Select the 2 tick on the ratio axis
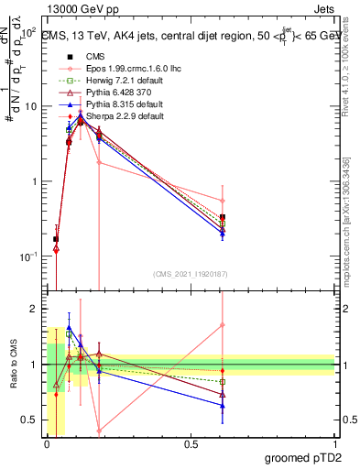point(34,310)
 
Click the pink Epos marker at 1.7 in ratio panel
point(223,325)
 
